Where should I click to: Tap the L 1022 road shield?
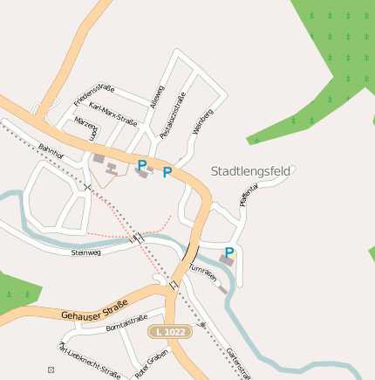click(169, 332)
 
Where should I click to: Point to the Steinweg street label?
click(86, 252)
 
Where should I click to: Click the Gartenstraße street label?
click(238, 363)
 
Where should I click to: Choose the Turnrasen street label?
click(201, 273)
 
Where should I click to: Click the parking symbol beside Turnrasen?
click(229, 252)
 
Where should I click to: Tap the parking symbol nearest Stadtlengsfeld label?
click(167, 172)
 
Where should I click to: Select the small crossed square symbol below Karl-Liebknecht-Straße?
click(51, 370)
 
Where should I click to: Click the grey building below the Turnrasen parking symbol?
click(227, 261)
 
